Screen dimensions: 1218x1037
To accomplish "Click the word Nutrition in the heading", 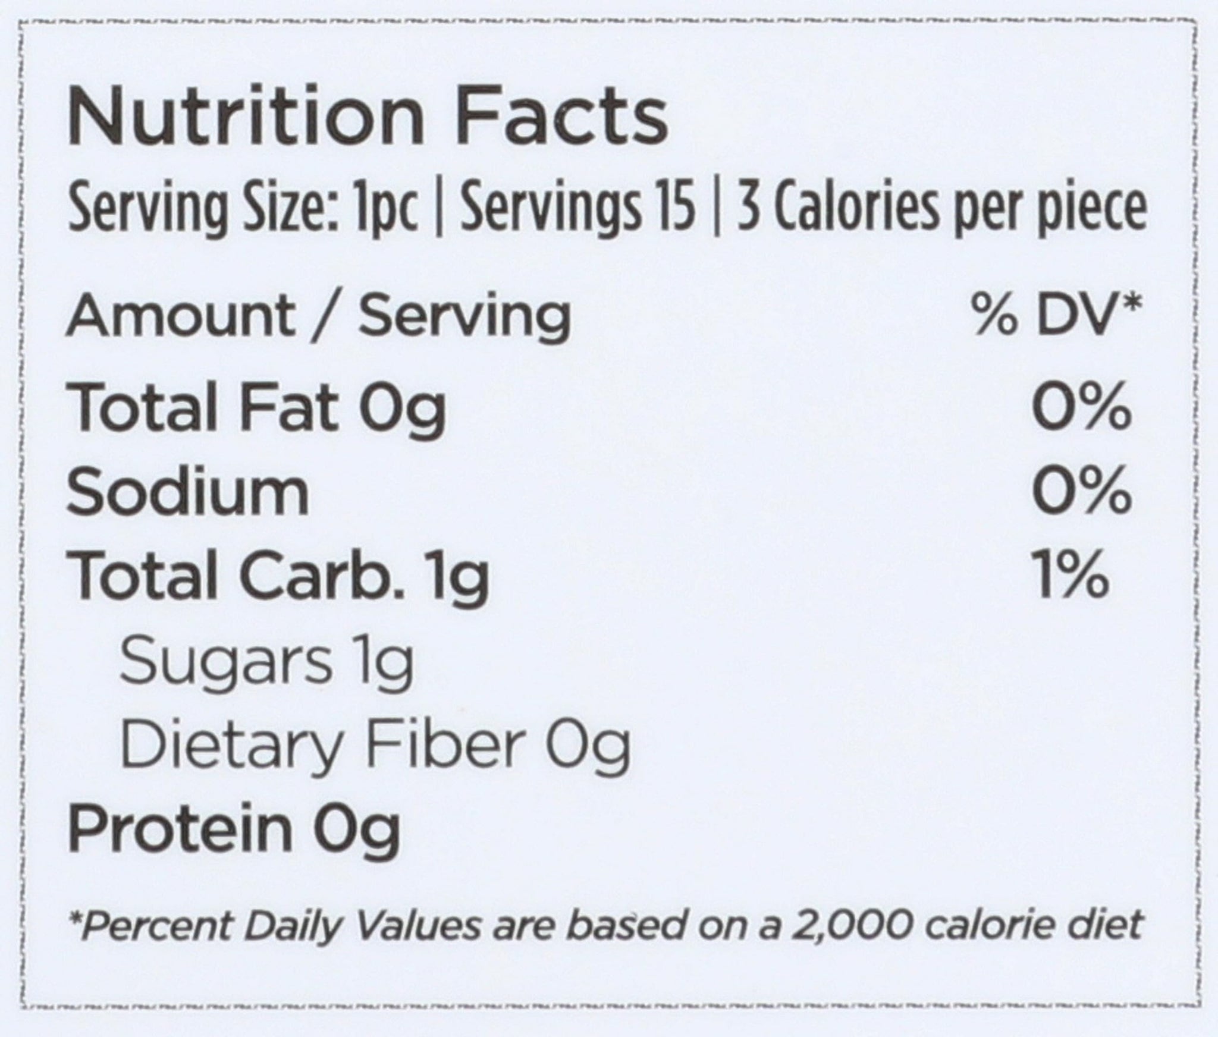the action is coord(246,117).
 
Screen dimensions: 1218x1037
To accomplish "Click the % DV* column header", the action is coord(1057,315).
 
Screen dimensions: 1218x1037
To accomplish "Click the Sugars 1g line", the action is coord(266,664).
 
